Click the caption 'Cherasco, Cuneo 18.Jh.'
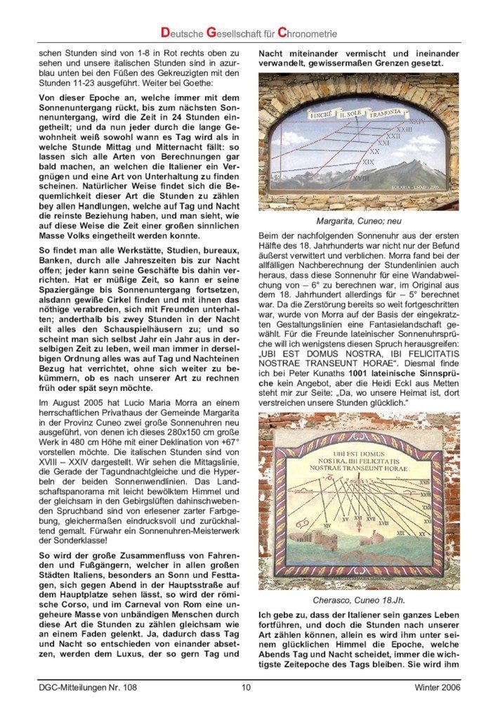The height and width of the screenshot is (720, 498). [x=358, y=600]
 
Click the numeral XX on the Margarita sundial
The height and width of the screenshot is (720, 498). [x=374, y=151]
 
